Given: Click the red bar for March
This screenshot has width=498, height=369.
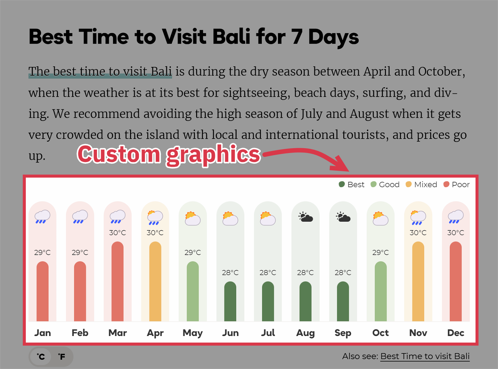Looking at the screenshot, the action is click(117, 281).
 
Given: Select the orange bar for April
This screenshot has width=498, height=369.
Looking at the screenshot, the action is click(155, 281).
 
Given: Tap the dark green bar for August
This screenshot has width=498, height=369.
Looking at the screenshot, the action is click(305, 301).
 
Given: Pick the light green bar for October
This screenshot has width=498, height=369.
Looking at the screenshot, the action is click(381, 291).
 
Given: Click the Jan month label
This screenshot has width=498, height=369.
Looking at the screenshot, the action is click(42, 333).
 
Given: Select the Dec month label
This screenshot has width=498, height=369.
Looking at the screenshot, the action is click(456, 333).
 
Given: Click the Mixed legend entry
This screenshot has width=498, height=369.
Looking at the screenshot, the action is click(421, 184).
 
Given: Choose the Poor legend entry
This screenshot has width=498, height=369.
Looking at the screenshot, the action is click(456, 184).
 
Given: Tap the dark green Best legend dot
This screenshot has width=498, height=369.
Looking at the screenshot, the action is click(342, 184).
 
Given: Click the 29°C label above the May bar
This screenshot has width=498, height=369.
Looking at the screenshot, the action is click(193, 253).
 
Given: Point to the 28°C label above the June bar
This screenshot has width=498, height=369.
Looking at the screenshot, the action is click(230, 272).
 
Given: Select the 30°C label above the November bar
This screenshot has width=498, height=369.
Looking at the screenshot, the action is click(418, 233).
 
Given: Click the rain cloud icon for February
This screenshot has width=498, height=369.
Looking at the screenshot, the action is click(80, 217).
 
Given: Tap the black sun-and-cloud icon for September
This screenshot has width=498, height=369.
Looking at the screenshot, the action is click(343, 217).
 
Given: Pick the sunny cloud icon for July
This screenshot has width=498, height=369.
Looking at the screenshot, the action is click(268, 218).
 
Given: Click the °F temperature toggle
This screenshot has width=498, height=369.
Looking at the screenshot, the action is click(62, 357).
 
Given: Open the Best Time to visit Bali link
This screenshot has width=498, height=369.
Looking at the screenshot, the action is click(425, 357).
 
